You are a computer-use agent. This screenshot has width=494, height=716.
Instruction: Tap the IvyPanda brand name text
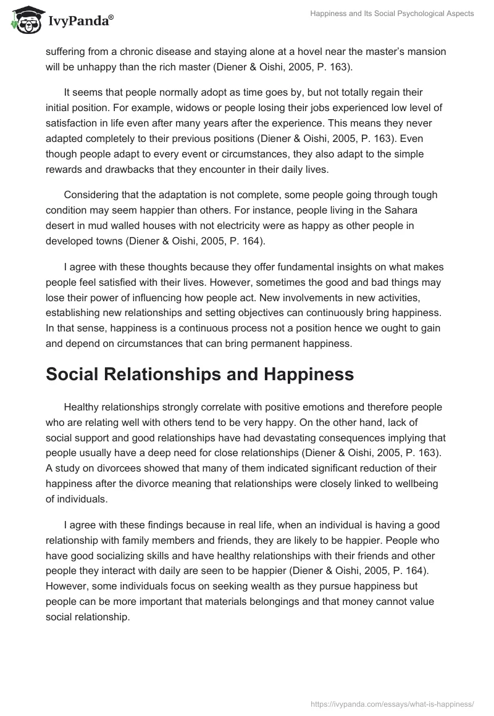80,20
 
